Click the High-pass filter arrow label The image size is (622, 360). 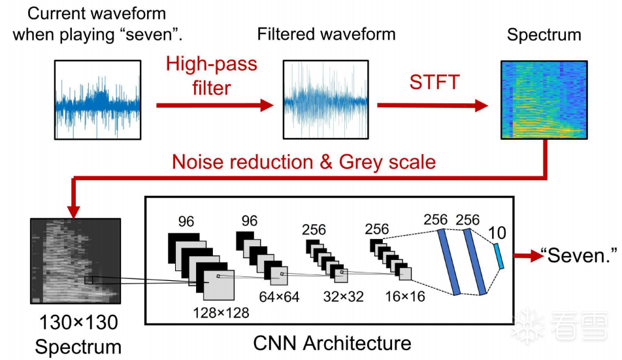pyautogui.click(x=211, y=76)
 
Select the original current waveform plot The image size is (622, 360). pyautogui.click(x=98, y=99)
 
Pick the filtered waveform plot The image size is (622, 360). pyautogui.click(x=325, y=99)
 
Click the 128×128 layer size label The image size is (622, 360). pyautogui.click(x=220, y=313)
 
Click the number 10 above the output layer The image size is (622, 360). pyautogui.click(x=497, y=232)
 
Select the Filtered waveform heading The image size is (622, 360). pyautogui.click(x=326, y=34)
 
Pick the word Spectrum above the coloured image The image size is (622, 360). pyautogui.click(x=544, y=34)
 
